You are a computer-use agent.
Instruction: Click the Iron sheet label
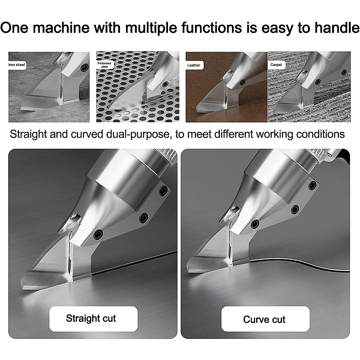17,65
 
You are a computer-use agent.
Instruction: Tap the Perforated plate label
104,65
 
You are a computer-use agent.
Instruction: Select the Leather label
194,65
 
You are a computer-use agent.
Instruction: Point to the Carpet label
276,65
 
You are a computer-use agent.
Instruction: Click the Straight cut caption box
93,319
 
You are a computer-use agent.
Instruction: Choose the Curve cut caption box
265,319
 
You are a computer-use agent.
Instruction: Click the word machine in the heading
61,28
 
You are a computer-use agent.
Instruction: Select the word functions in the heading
211,28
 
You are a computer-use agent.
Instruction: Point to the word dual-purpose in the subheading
138,134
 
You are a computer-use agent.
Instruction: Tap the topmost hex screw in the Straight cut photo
163,190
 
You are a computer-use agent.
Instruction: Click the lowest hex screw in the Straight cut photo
98,234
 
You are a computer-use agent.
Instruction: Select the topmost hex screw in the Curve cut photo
313,186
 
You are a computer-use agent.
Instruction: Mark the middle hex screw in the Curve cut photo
295,209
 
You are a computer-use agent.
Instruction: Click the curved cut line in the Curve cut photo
300,265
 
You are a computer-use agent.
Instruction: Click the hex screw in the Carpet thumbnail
344,72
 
